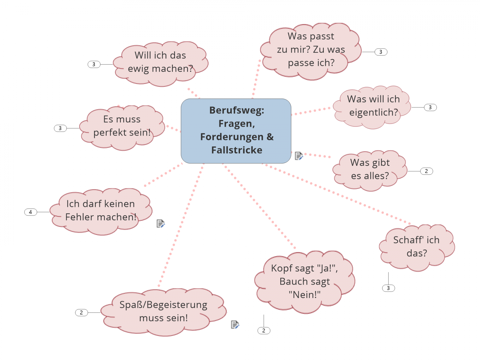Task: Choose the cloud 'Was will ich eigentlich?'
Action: pos(373,106)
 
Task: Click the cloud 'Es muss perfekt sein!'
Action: pos(122,126)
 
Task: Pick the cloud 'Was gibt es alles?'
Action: pos(370,169)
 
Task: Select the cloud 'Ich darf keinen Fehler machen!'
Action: pos(101,211)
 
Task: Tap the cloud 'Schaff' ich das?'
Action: pos(416,247)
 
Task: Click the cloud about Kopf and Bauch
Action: pos(305,281)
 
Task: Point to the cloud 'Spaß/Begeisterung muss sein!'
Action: pos(163,311)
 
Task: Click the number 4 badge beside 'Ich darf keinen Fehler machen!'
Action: pos(30,212)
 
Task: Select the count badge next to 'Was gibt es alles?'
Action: pos(426,171)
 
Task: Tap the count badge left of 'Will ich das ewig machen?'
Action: pos(94,64)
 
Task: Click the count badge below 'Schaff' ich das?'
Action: pos(388,288)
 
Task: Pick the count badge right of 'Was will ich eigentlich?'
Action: pos(430,107)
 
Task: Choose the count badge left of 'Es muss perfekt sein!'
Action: pos(60,128)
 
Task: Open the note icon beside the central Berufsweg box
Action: pos(299,156)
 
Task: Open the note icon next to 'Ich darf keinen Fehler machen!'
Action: pos(160,223)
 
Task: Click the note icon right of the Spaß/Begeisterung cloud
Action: pos(235,325)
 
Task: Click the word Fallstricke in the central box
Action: pos(237,150)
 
